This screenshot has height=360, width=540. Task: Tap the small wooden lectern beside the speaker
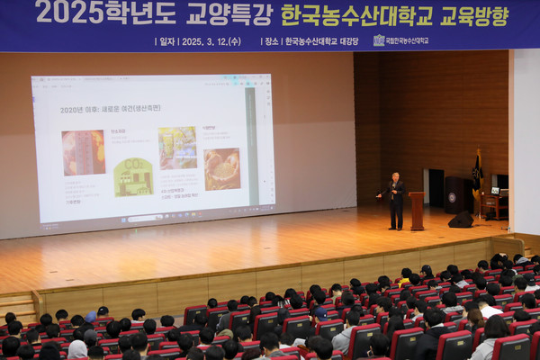coord(417,210)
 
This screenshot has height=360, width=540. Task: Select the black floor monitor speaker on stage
coord(462,219)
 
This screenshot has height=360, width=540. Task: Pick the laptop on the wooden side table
coord(494,191)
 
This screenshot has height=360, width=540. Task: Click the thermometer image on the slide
coord(83,152)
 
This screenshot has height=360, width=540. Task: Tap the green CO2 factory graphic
coord(132,176)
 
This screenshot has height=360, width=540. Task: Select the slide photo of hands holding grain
coord(221,168)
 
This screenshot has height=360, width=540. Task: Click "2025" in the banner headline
coord(70,13)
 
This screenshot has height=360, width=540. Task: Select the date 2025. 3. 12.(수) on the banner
coord(210,40)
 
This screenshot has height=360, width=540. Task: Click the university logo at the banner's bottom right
coord(379,40)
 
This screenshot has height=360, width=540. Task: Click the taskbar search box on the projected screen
coord(144,218)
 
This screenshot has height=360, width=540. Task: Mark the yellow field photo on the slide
coord(177,147)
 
